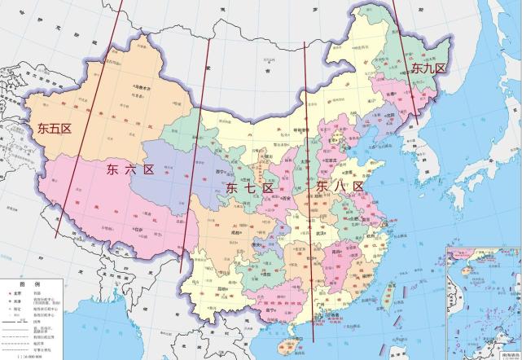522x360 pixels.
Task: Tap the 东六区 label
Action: (x=130, y=169)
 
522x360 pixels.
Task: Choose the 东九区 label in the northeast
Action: (x=428, y=68)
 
